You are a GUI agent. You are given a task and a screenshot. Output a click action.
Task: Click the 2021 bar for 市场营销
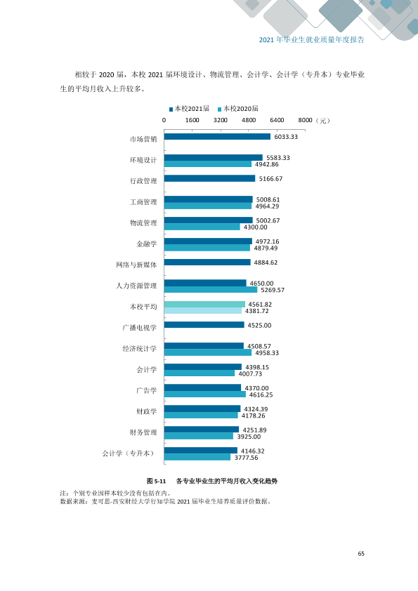click(217, 136)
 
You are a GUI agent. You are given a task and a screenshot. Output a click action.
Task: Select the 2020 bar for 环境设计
click(208, 164)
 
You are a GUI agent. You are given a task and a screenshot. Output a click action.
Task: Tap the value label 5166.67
click(271, 179)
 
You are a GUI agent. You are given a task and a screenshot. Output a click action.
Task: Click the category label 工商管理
click(143, 202)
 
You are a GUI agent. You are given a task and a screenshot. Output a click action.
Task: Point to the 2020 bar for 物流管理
click(202, 227)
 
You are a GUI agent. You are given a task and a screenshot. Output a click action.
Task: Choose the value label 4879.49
click(266, 248)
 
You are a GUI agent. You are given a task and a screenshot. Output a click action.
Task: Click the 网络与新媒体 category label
click(136, 265)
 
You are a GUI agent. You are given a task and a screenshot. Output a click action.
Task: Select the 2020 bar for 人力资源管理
click(211, 289)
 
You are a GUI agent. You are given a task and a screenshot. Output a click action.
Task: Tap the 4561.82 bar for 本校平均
click(204, 304)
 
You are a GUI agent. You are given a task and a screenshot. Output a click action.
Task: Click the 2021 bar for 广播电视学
click(204, 324)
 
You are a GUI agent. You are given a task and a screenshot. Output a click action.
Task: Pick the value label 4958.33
click(267, 353)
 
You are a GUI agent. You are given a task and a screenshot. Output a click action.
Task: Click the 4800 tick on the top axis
click(249, 120)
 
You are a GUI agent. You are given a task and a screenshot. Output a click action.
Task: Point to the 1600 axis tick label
click(192, 120)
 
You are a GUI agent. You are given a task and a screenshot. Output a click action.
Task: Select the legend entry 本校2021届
click(189, 109)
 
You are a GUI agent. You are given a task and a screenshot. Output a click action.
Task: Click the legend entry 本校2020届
click(238, 109)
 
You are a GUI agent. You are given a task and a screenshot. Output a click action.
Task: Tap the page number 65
click(361, 553)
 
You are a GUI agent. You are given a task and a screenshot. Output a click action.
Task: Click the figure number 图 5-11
click(156, 481)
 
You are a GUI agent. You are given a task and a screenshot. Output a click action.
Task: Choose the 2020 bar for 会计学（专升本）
click(197, 457)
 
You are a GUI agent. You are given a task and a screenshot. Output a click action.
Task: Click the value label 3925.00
click(249, 437)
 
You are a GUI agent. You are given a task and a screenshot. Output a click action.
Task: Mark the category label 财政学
click(146, 411)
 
